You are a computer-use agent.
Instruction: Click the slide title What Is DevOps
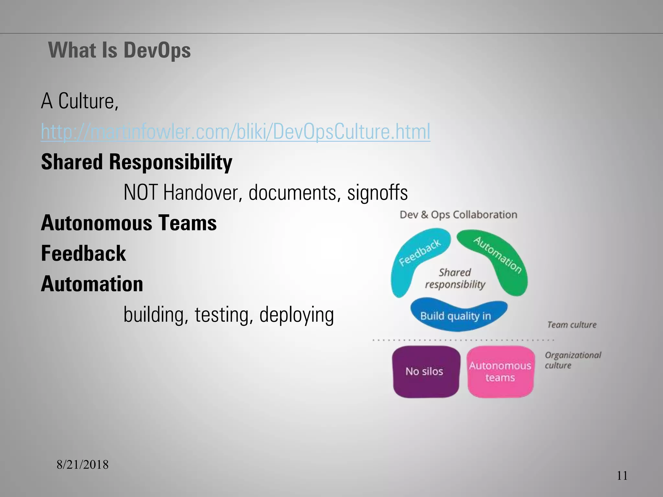click(119, 50)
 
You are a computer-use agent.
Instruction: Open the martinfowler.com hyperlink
click(235, 132)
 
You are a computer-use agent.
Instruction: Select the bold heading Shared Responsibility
click(137, 162)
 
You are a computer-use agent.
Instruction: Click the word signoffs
click(377, 193)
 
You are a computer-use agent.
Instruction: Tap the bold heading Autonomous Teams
click(129, 223)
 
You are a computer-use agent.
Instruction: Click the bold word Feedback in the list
click(83, 253)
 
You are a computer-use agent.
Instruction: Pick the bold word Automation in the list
click(92, 284)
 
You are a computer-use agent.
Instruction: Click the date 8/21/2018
click(83, 465)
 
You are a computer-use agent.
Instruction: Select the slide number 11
click(622, 476)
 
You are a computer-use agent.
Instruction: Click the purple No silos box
click(424, 371)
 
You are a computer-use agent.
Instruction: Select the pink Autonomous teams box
click(500, 371)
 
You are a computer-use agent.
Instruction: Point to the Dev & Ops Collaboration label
click(458, 215)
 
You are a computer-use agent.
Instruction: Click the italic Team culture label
click(572, 325)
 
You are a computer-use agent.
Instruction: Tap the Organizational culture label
click(572, 360)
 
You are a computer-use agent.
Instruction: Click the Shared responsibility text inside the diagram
click(455, 278)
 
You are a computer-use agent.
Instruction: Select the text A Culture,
click(80, 101)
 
